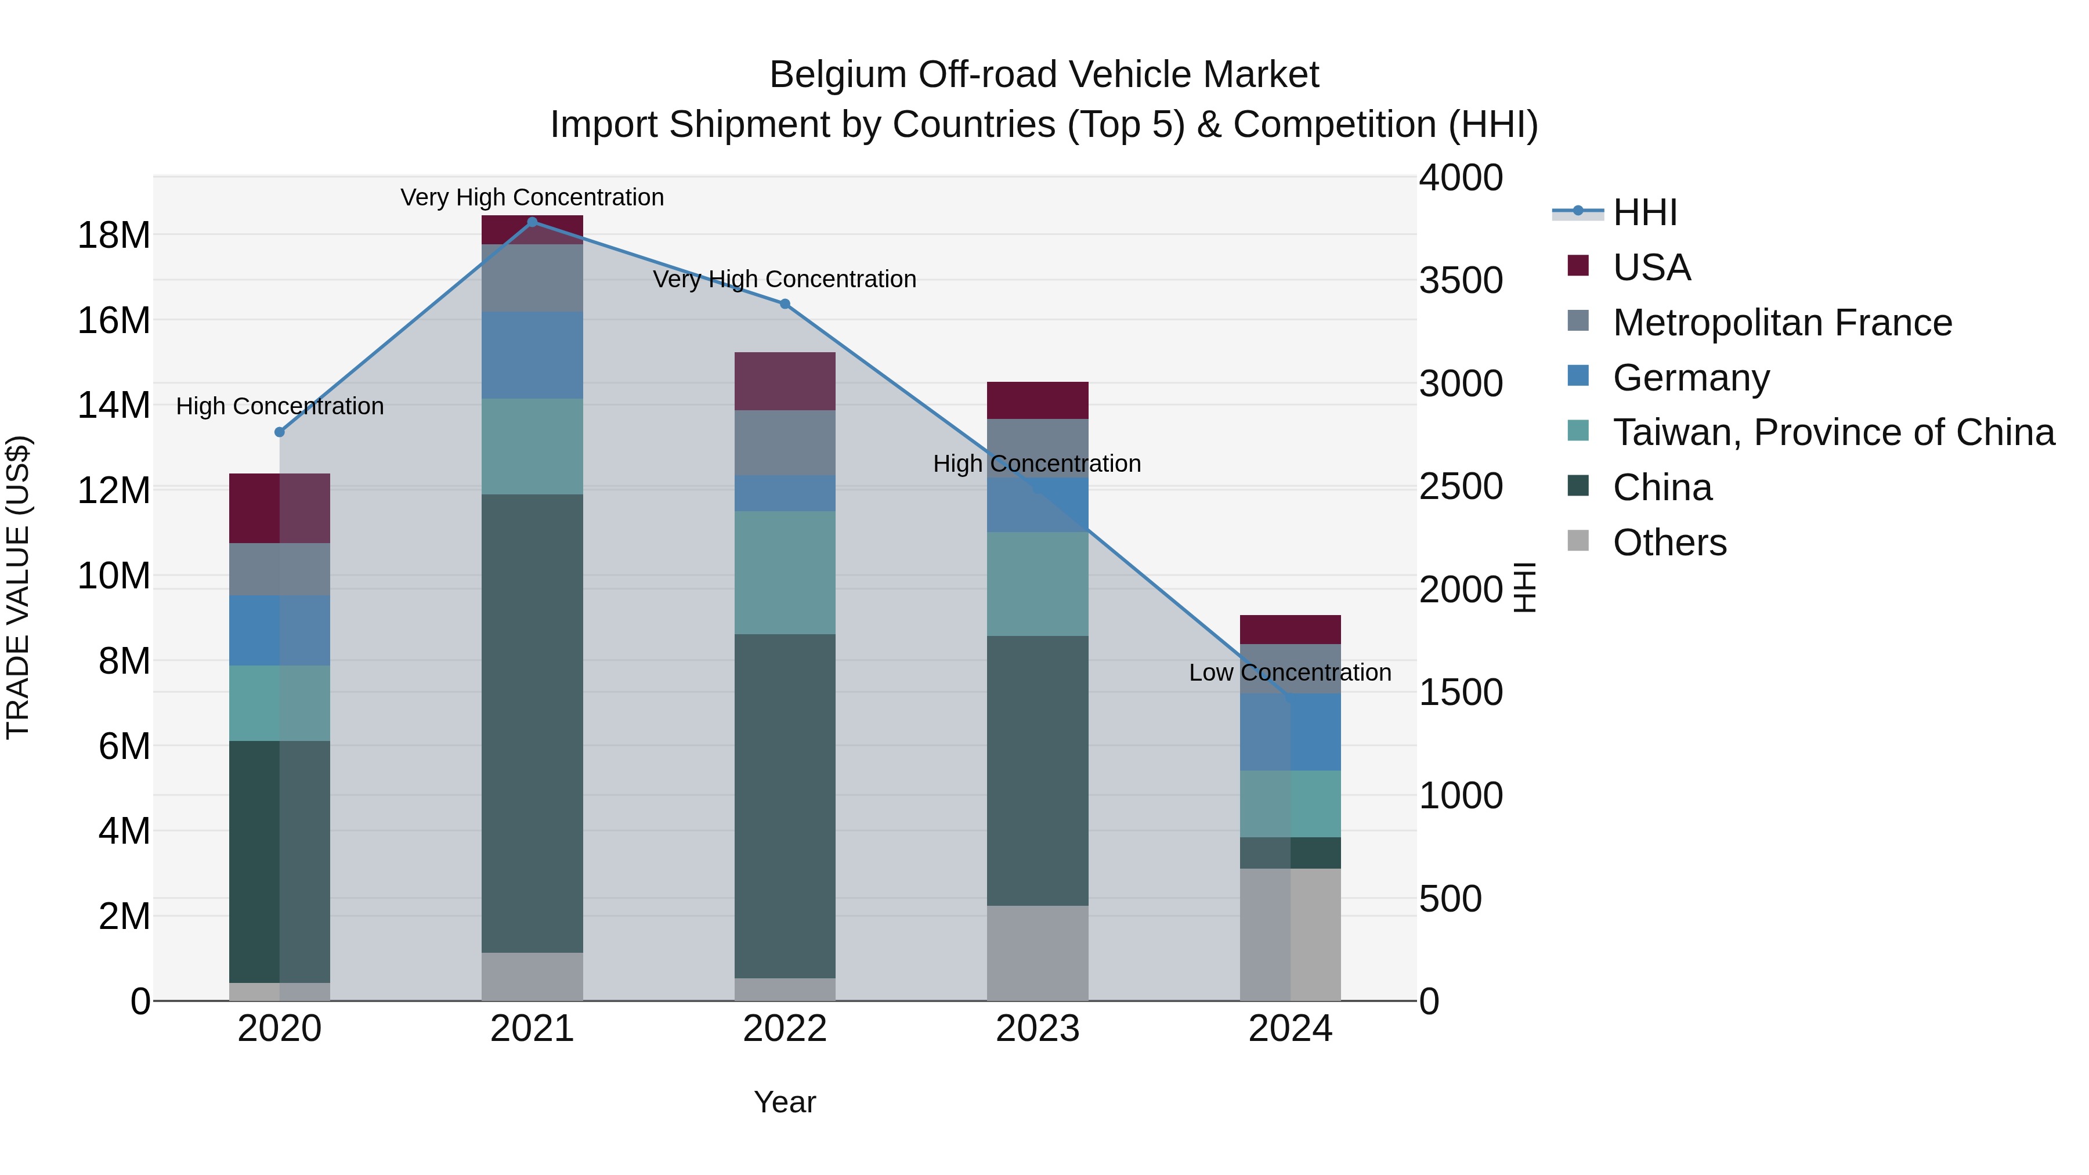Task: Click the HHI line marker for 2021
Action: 532,222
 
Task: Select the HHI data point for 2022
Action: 784,304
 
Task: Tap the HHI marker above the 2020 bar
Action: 280,432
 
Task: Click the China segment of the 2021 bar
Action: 532,722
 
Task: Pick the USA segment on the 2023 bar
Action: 1037,400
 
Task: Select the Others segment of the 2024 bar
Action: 1290,934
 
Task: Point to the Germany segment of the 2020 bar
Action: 280,630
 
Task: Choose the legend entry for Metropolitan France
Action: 1781,323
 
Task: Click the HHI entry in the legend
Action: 1644,212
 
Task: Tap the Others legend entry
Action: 1669,543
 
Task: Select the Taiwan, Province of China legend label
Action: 1833,432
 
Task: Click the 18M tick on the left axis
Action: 114,235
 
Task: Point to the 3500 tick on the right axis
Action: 1461,281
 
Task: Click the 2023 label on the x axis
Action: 1037,1029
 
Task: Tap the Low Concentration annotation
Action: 1289,673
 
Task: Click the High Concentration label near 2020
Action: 280,406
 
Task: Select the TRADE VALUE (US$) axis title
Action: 18,587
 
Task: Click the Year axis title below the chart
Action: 784,1102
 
